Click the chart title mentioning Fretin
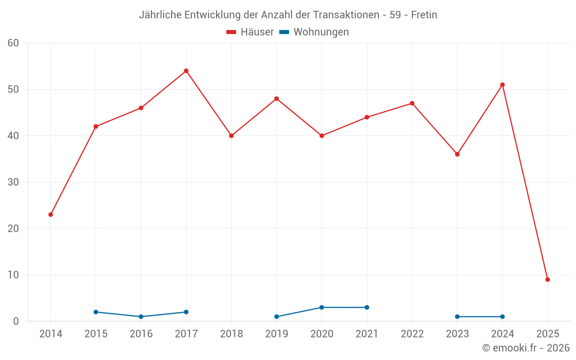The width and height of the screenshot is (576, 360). pos(288,15)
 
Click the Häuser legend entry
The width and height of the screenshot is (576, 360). pos(250,32)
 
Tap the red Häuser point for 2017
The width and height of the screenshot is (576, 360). pos(186,71)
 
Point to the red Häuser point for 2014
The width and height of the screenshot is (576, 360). pos(51,214)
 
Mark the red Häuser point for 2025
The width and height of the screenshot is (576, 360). pos(547,279)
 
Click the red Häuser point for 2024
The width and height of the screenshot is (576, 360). pos(502,85)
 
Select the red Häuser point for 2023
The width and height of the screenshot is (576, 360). pos(457,154)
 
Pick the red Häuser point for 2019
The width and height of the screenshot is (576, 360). pos(276,98)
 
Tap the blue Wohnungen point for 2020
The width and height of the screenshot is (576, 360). pos(321,307)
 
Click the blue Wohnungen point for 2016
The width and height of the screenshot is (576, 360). pos(141,316)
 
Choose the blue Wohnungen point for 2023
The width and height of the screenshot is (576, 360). pos(457,316)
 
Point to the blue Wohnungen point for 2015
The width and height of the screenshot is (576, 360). pos(96,312)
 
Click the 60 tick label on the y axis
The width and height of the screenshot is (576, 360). pos(13,43)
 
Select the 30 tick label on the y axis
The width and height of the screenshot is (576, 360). pos(13,182)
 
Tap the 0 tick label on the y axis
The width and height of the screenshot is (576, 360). pos(16,321)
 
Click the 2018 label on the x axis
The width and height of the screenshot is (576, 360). pos(231,334)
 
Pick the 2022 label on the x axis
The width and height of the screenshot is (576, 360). pos(412,334)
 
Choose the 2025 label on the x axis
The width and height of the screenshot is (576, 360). pos(547,334)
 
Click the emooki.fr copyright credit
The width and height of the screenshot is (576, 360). pos(525,348)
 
